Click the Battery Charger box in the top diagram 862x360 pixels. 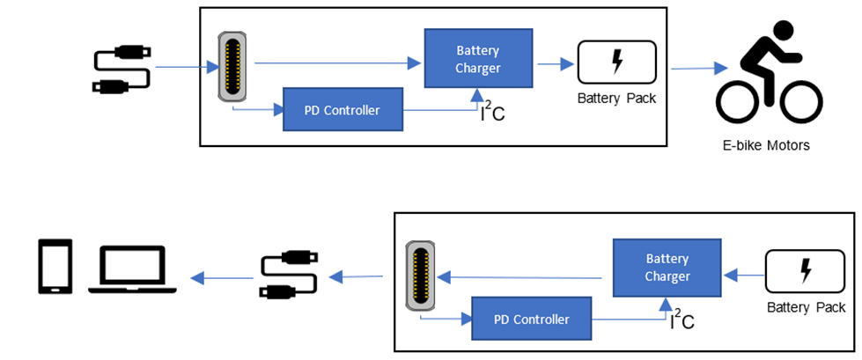pyautogui.click(x=478, y=57)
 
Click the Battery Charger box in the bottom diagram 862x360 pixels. pyautogui.click(x=667, y=268)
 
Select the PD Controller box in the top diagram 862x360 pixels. pyautogui.click(x=343, y=110)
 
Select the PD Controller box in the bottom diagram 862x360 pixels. pyautogui.click(x=533, y=319)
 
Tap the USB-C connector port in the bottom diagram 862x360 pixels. pyautogui.click(x=421, y=277)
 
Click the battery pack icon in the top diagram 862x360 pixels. pyautogui.click(x=616, y=62)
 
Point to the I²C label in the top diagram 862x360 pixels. pyautogui.click(x=491, y=113)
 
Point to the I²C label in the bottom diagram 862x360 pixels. pyautogui.click(x=681, y=320)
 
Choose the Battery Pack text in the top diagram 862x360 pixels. pyautogui.click(x=616, y=98)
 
